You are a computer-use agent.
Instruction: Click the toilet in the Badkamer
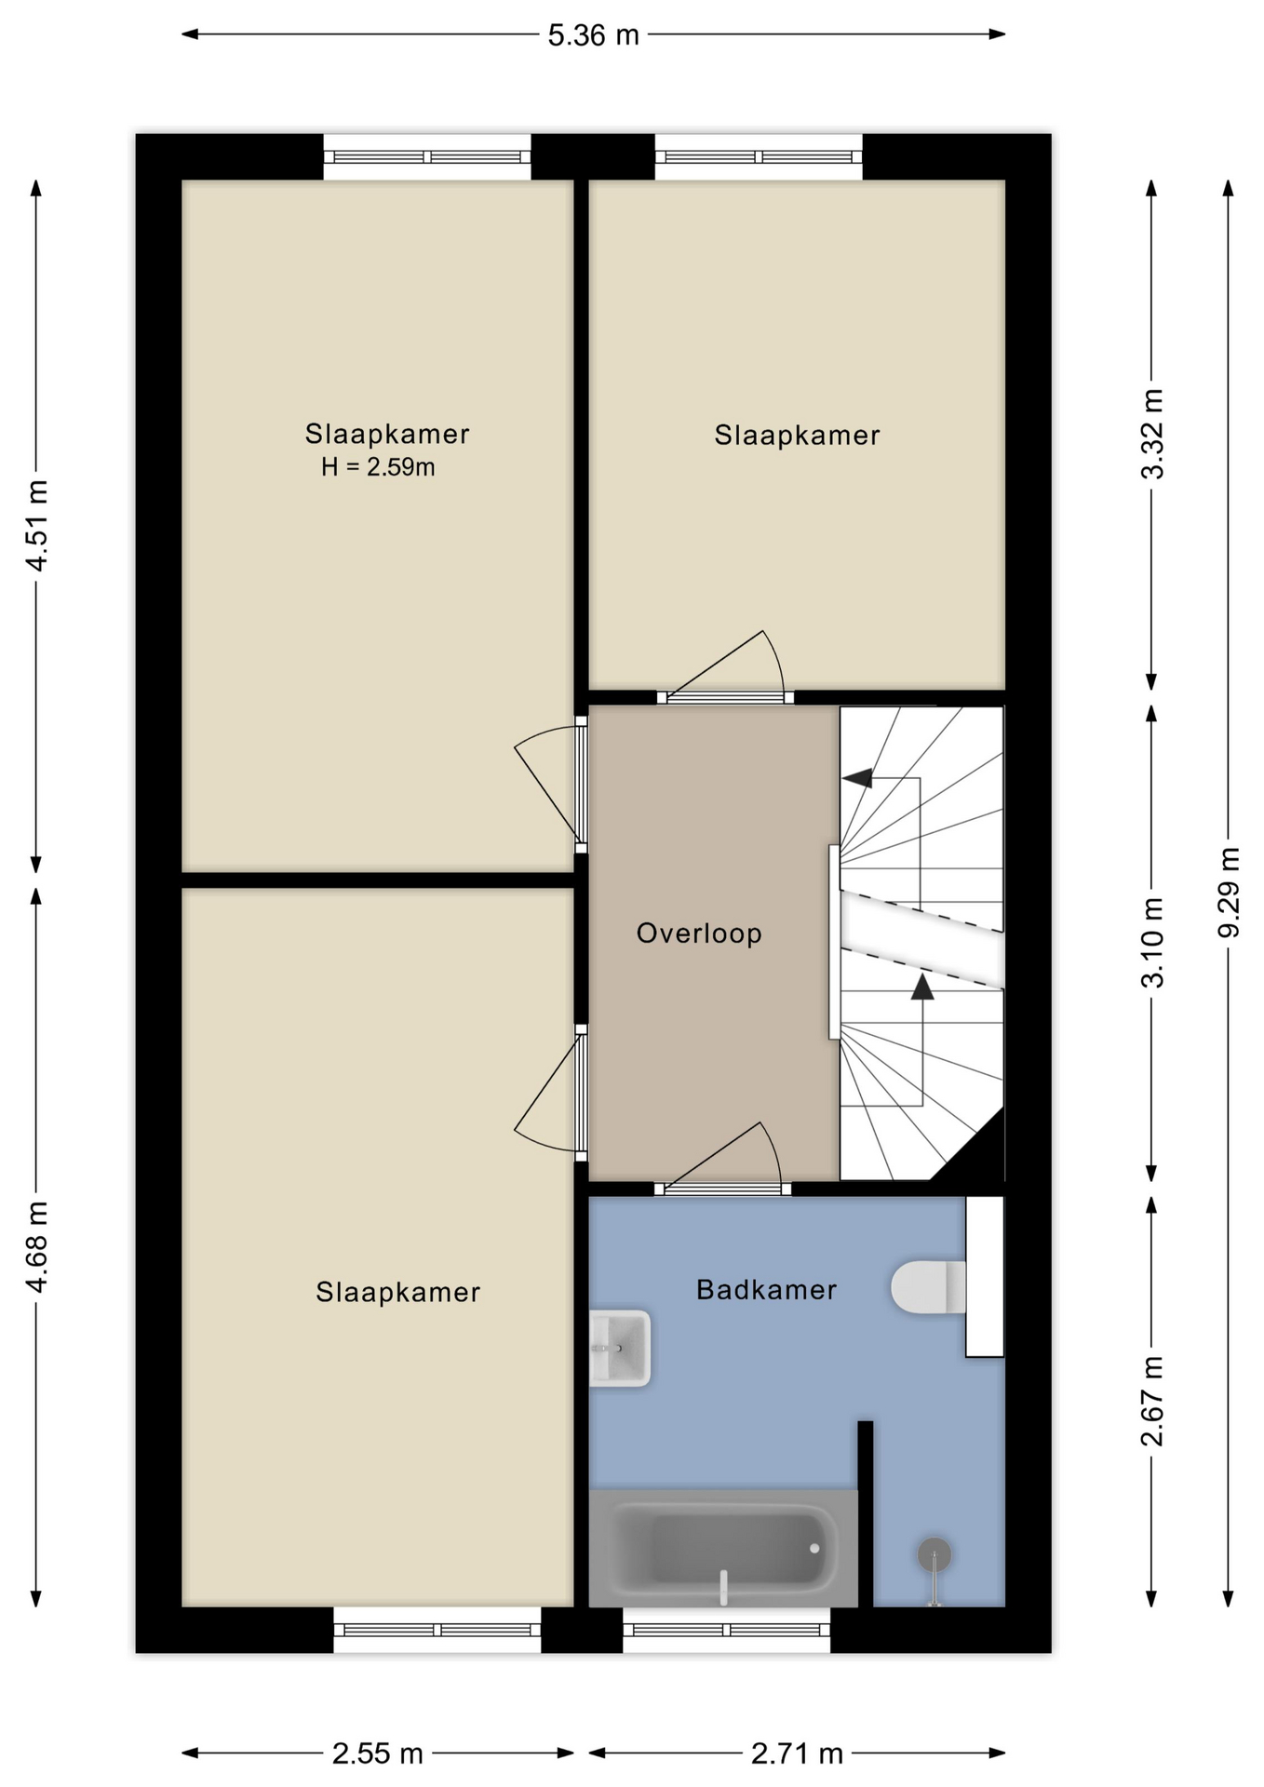[x=928, y=1287]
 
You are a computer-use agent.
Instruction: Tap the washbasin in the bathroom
[x=620, y=1349]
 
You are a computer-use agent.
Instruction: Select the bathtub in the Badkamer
[x=723, y=1548]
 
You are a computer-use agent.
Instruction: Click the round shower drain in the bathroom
[x=934, y=1554]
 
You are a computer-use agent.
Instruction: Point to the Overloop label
[x=699, y=934]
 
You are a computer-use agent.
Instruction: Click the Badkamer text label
[x=766, y=1289]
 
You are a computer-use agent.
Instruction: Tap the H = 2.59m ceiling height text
[x=378, y=467]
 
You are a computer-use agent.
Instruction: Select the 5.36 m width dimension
[x=593, y=35]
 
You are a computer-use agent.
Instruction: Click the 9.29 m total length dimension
[x=1229, y=893]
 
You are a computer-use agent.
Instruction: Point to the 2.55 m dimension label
[x=377, y=1754]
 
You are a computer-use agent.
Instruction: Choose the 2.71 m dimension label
[x=797, y=1754]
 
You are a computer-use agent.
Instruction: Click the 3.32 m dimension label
[x=1152, y=434]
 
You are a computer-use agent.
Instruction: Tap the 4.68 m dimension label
[x=36, y=1247]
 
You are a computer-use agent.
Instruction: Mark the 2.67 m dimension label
[x=1152, y=1402]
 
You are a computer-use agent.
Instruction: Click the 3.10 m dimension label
[x=1152, y=942]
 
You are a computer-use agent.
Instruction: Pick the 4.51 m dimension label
[x=36, y=526]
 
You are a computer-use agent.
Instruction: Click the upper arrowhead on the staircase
[x=857, y=777]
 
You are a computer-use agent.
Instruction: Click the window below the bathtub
[x=726, y=1630]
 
